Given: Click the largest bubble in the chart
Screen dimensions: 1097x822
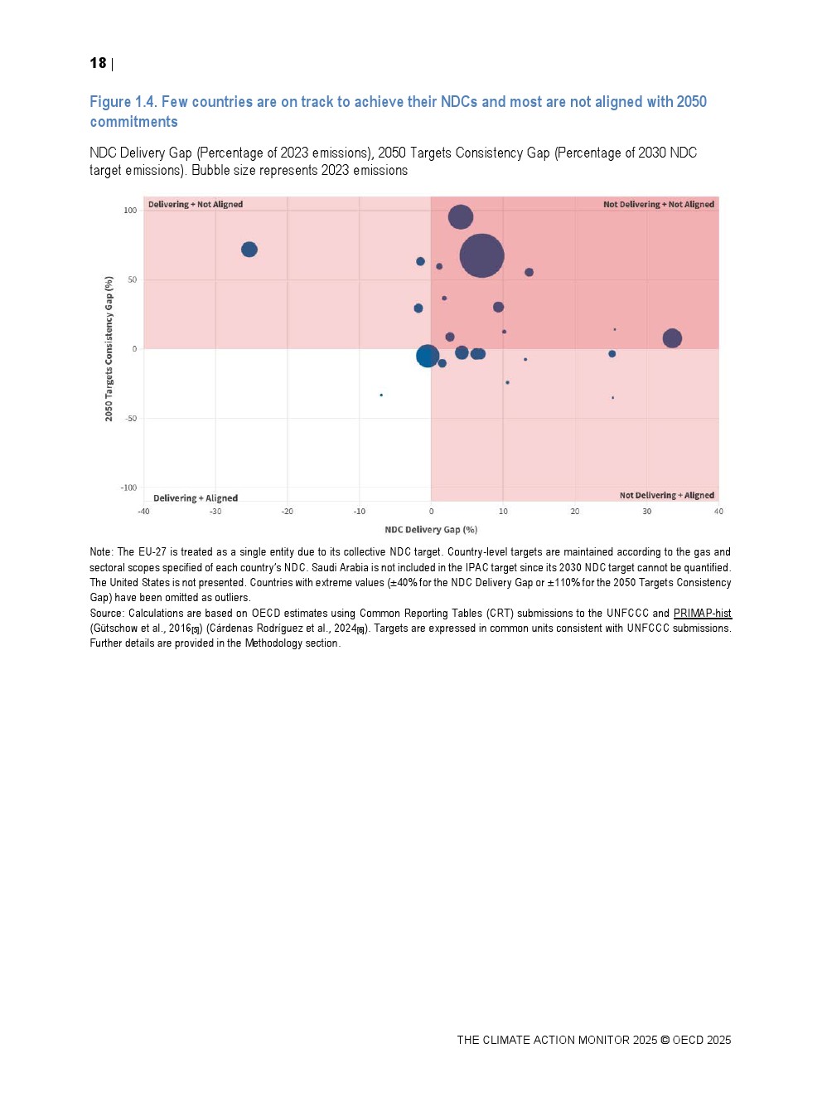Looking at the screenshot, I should click(x=481, y=255).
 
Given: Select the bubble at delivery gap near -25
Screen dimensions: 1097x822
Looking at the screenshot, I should click(x=249, y=250).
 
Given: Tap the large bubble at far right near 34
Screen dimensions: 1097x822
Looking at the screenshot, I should click(x=672, y=338).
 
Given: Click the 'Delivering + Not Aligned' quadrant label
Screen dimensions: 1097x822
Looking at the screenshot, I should click(x=196, y=204).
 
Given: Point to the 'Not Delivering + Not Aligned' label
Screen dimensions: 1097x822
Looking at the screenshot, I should click(x=658, y=204).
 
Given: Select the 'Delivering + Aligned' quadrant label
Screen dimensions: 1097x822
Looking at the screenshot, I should click(x=196, y=498).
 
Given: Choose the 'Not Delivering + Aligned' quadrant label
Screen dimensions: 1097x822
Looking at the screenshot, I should click(x=666, y=495).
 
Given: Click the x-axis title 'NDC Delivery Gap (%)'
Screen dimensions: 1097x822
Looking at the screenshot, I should click(x=431, y=530).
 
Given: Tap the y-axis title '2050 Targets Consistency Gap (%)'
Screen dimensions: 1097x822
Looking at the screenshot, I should click(x=109, y=349).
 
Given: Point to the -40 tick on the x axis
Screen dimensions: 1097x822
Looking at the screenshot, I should click(x=143, y=512).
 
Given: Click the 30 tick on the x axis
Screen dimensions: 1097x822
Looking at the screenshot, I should click(x=646, y=512).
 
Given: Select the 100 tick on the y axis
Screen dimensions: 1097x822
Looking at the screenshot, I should click(x=130, y=211).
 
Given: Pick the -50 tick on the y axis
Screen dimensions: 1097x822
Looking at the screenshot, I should click(x=131, y=419).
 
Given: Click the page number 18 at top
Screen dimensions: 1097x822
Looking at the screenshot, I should click(x=98, y=63).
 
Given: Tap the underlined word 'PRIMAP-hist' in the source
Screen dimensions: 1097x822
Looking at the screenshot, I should click(x=702, y=614).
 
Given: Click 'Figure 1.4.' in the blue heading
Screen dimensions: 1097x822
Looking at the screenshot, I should click(x=123, y=102).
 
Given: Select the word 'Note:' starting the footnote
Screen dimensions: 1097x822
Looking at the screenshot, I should click(x=101, y=552).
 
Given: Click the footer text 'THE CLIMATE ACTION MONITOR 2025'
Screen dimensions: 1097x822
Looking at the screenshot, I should click(x=556, y=1040).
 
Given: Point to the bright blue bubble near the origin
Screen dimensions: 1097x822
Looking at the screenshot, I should click(x=428, y=356).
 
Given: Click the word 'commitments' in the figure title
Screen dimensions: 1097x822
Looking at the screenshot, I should click(x=133, y=122).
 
